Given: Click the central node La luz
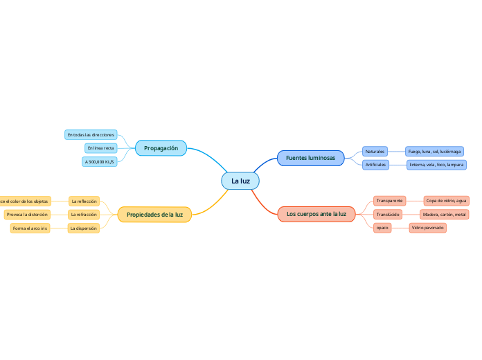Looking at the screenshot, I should [240, 181].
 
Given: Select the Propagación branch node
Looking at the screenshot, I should [161, 148].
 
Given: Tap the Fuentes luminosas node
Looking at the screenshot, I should [310, 158].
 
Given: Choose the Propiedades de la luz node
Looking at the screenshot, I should [154, 215].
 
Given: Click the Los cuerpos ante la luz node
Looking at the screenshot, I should [316, 214].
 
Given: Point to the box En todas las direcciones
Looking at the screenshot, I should [91, 134].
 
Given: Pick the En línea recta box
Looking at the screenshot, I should [100, 148].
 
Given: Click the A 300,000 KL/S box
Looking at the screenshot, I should [99, 161].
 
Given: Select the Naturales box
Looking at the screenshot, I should [375, 151].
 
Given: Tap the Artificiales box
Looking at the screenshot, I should [375, 165].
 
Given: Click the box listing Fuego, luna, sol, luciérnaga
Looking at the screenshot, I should [434, 151].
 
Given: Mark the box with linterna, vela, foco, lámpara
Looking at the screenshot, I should [436, 165].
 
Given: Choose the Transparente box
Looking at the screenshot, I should [389, 201].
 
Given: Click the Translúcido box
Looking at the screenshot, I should [387, 215].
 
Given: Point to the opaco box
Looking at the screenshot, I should [382, 228].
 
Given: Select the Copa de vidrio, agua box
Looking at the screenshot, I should [446, 201].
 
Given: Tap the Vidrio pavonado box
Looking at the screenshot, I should [427, 228].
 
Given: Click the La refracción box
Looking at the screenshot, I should [84, 215].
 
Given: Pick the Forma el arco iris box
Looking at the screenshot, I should [30, 228].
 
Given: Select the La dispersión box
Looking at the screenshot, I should [84, 228].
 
